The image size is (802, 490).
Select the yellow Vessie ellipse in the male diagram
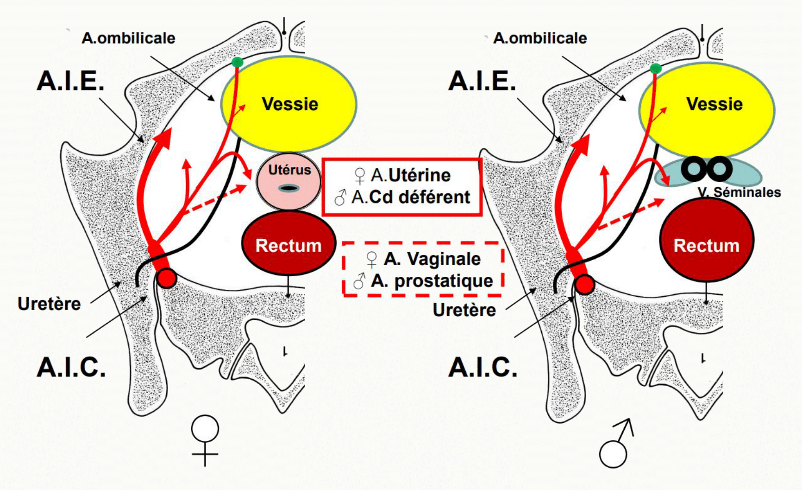click(707, 110)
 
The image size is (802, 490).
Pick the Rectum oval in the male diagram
click(707, 240)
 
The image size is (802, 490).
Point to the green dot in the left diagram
click(237, 62)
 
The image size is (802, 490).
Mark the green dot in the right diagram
click(656, 69)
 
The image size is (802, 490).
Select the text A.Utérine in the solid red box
click(410, 175)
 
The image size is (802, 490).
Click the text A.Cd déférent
click(410, 197)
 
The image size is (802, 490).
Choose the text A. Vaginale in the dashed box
click(432, 259)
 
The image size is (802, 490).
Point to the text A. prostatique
click(432, 280)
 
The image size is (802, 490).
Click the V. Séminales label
click(739, 192)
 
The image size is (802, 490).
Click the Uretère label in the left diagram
click(49, 304)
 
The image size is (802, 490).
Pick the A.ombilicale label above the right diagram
click(540, 38)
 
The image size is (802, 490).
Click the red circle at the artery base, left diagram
click(167, 279)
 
